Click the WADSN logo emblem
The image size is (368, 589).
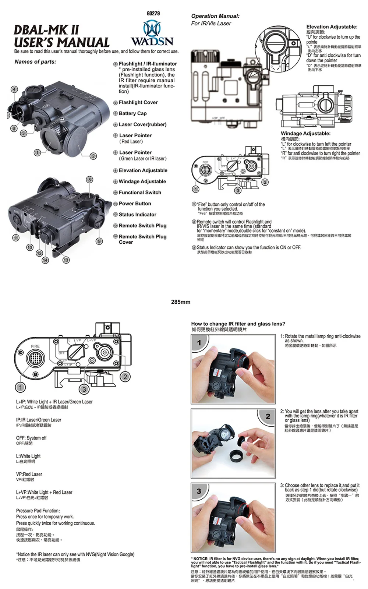[152, 28]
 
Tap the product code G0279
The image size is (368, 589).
[153, 14]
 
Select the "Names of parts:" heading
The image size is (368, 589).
[35, 61]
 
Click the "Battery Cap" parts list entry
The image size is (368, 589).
[132, 113]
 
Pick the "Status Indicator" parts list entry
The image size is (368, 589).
[137, 215]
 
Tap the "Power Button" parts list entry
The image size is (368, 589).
[135, 204]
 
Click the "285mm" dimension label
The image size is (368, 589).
[181, 302]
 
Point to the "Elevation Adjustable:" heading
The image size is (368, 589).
[332, 27]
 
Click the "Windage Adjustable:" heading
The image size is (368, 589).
[305, 133]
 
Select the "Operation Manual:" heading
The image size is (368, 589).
[215, 16]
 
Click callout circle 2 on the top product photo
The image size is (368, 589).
[93, 156]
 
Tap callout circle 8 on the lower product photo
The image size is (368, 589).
[89, 180]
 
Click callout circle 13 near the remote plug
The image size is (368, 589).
[66, 260]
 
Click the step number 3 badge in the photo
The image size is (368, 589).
[199, 491]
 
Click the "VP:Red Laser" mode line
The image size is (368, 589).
[29, 474]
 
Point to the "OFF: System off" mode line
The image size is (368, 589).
[31, 438]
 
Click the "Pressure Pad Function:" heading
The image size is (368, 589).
[38, 511]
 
